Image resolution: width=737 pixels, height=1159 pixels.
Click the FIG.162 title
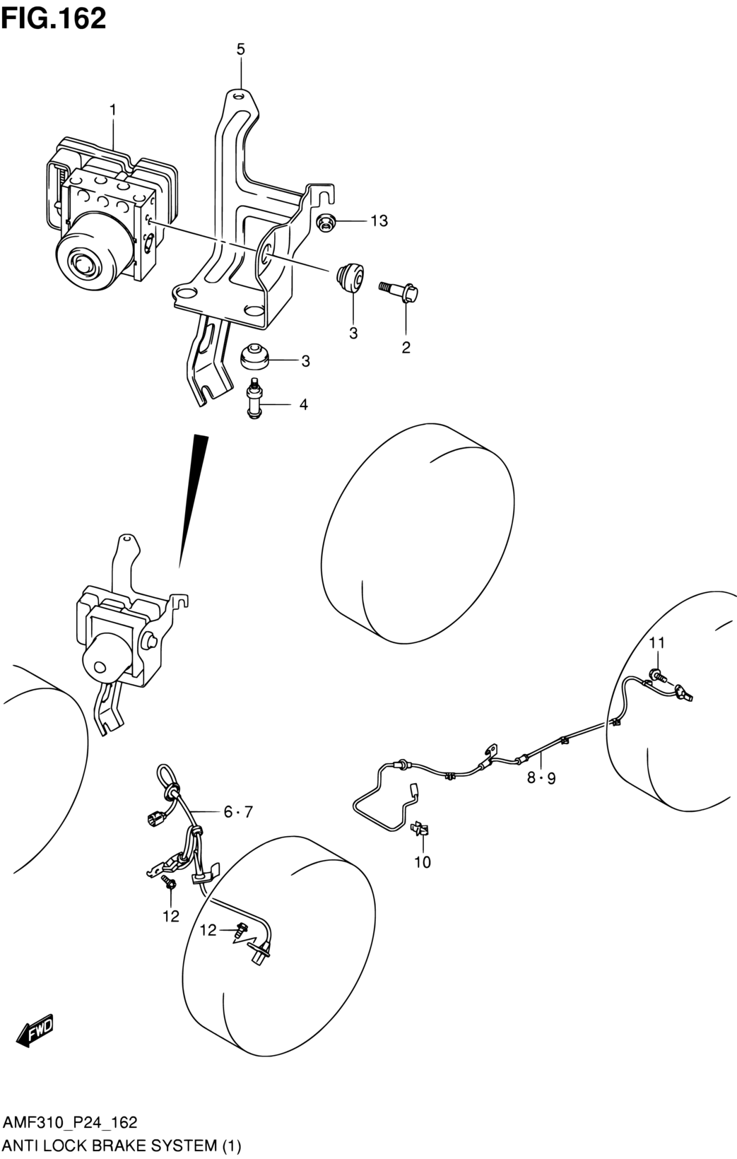[54, 18]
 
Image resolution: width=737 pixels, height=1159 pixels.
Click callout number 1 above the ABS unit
[112, 110]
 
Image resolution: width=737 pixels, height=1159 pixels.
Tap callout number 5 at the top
[241, 49]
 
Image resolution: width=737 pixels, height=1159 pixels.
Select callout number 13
[379, 221]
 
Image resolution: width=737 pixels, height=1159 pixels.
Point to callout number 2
[406, 347]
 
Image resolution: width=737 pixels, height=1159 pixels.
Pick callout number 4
[303, 405]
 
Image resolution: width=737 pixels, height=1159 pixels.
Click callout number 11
[657, 642]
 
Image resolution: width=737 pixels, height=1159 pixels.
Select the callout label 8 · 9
[541, 779]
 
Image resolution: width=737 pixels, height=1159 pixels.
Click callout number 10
[423, 862]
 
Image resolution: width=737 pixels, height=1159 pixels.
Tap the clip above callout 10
[423, 829]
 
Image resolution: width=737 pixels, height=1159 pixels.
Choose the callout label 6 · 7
[238, 812]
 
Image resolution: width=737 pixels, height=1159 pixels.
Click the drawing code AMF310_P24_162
[70, 1122]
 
